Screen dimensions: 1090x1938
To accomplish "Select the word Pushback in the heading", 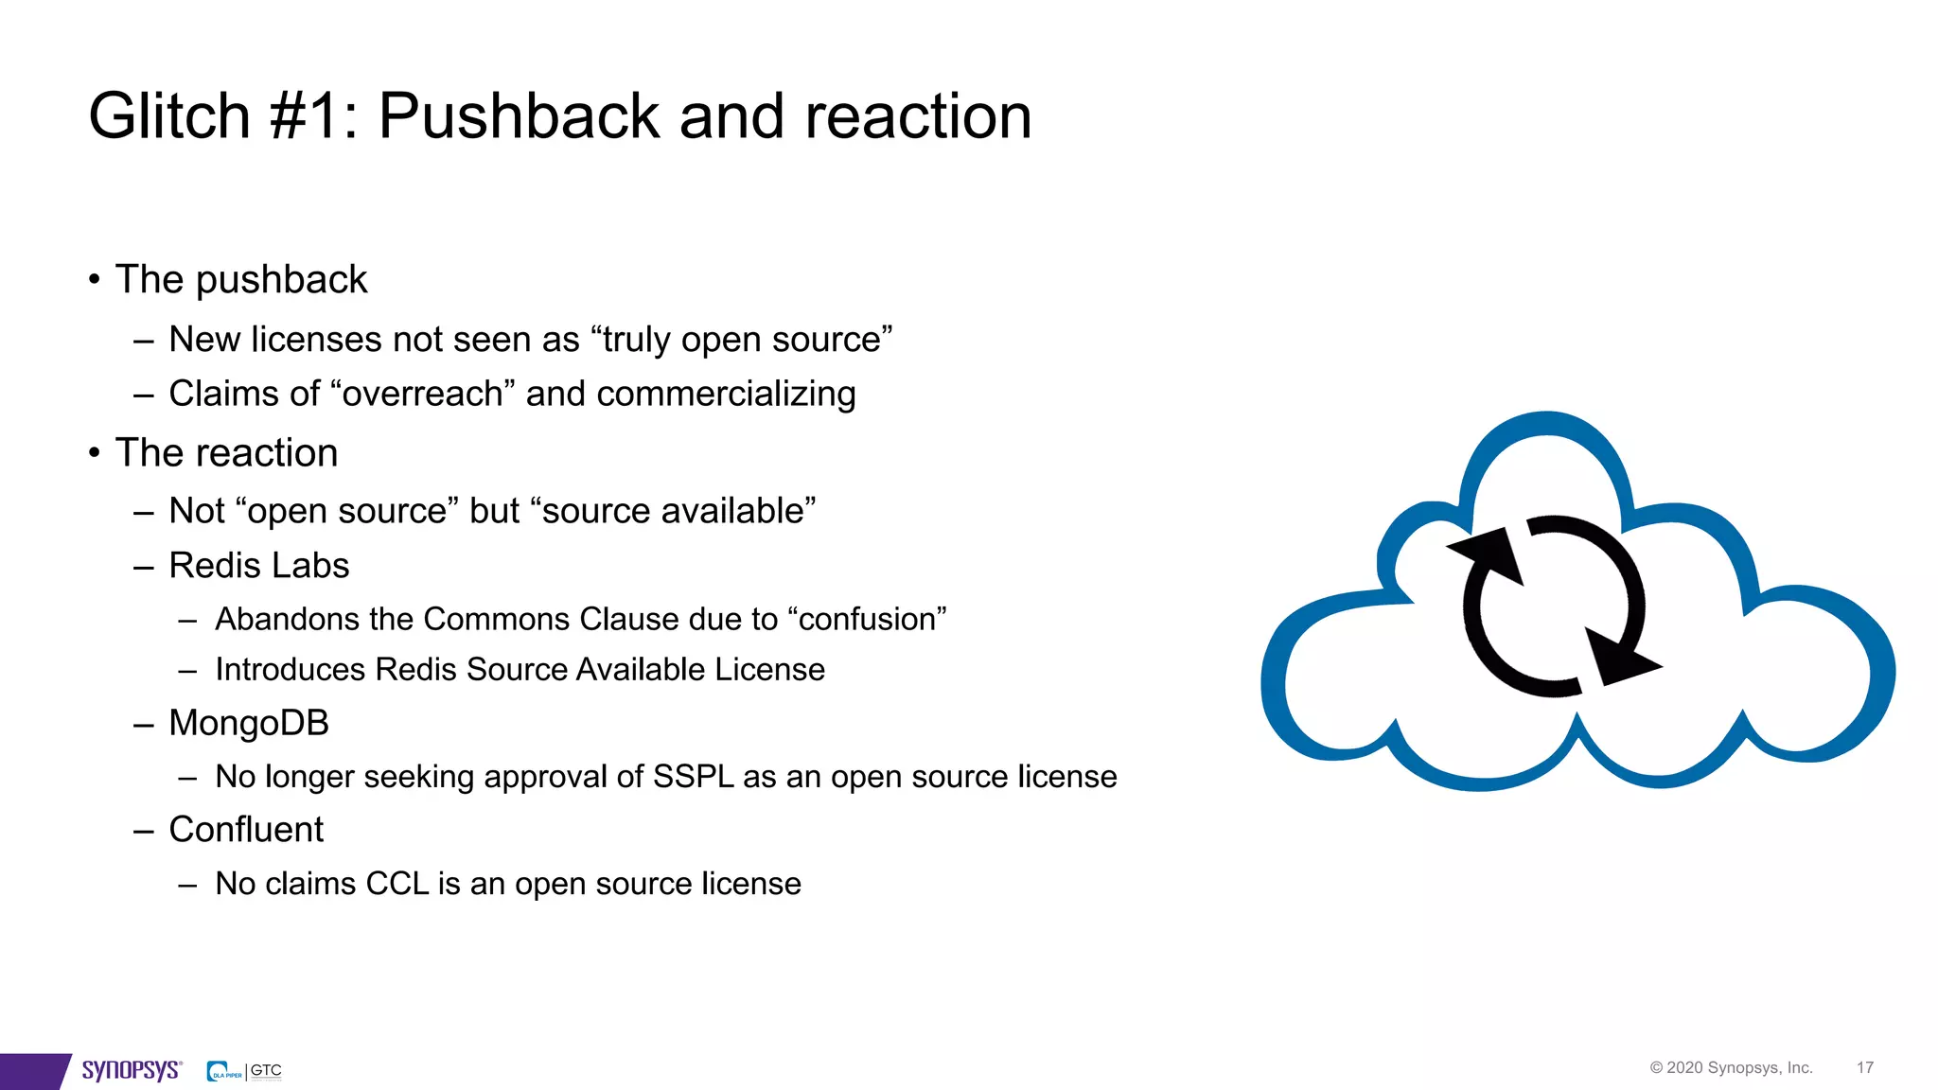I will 519,116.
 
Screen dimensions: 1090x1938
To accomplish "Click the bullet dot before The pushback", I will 95,280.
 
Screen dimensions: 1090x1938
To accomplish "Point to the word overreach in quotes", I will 422,394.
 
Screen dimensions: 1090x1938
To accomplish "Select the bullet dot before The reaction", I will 95,453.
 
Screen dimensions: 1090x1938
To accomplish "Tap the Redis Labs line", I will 258,566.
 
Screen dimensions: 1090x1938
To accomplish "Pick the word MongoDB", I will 248,723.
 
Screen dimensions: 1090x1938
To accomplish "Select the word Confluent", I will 246,830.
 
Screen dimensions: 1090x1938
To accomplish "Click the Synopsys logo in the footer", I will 131,1070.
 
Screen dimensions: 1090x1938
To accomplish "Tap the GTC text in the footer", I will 266,1070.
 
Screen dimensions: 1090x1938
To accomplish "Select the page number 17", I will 1864,1068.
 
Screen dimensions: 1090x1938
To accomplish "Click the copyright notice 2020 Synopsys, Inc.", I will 1731,1068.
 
